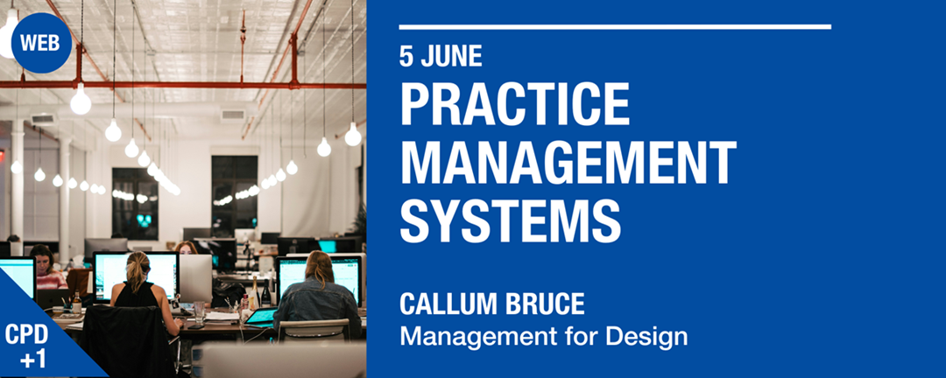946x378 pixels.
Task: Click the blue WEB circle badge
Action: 41,42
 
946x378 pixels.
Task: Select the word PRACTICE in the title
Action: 514,106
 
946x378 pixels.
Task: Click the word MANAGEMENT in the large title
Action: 568,163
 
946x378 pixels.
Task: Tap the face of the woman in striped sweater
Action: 41,260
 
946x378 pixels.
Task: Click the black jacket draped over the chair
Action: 124,337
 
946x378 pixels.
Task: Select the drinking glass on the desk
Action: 200,311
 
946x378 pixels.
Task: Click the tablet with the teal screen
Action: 260,317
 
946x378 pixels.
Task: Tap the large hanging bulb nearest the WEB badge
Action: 81,101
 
